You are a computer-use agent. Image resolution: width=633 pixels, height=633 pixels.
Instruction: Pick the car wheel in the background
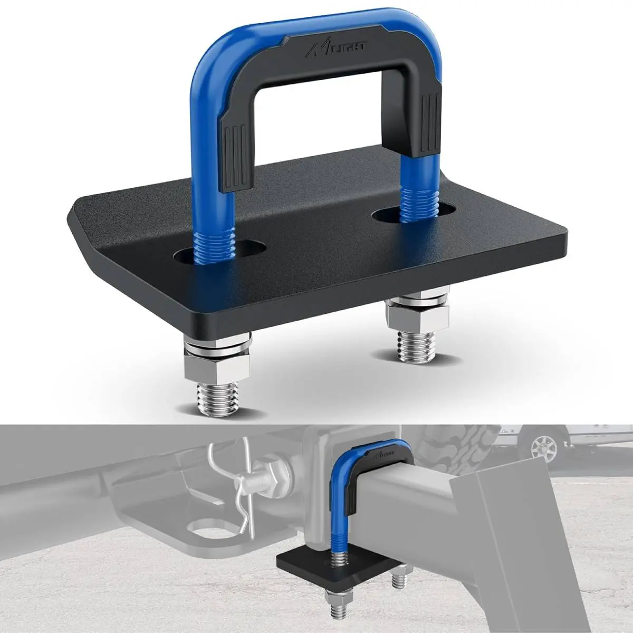[x=543, y=448]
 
